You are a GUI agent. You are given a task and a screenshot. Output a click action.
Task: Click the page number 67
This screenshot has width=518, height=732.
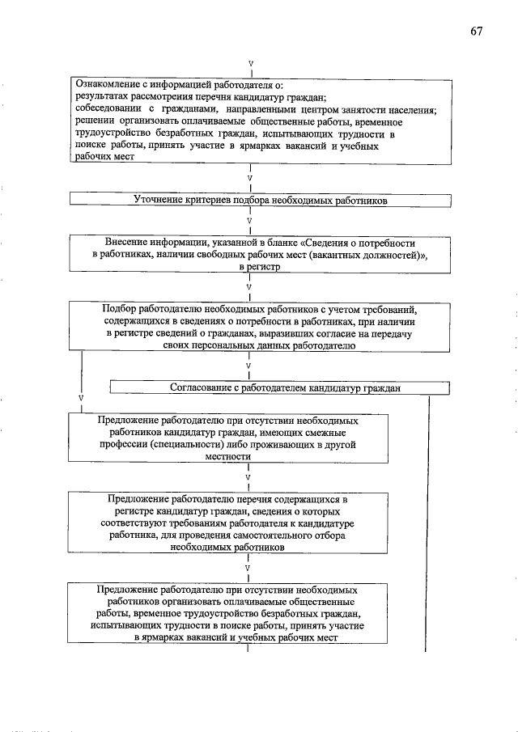(476, 32)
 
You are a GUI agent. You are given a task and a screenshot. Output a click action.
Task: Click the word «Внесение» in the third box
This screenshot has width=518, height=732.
(128, 243)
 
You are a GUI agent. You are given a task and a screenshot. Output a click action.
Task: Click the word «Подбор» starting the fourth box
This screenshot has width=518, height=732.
(120, 308)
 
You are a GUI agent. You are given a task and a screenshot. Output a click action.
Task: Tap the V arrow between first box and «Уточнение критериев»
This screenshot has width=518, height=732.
(250, 176)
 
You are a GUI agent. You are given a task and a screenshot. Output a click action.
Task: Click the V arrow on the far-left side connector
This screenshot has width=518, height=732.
(81, 398)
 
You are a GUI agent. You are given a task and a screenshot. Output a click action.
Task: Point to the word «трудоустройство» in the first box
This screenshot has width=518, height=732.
(112, 133)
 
